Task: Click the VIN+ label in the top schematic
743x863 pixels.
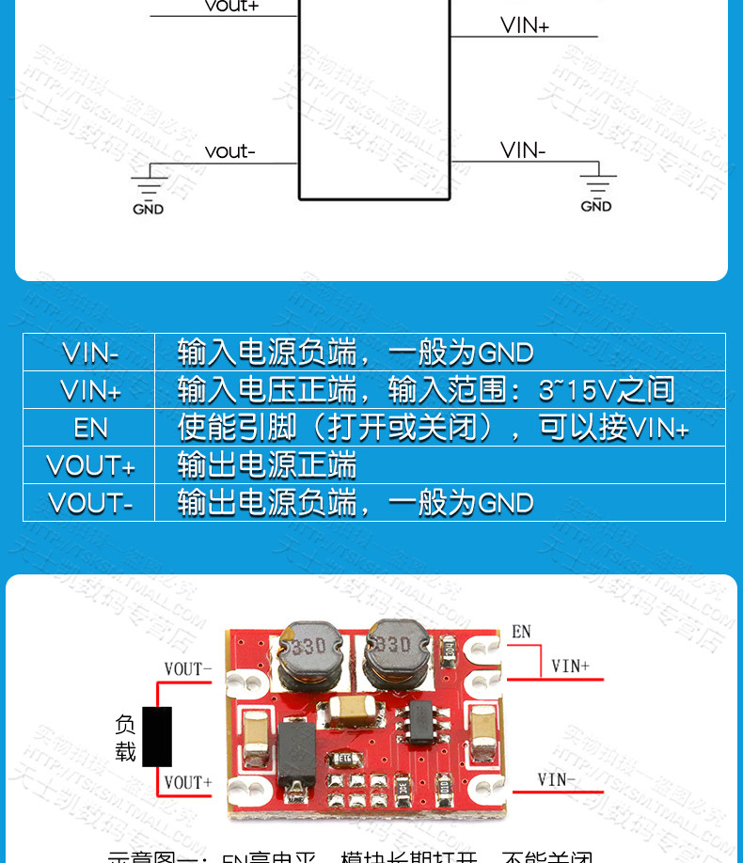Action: pyautogui.click(x=524, y=25)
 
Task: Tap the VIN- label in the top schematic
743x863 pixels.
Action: pyautogui.click(x=523, y=150)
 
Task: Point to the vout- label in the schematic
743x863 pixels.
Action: pyautogui.click(x=229, y=151)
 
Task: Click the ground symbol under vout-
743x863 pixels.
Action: pyautogui.click(x=149, y=184)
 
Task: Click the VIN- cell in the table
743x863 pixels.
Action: pyautogui.click(x=90, y=353)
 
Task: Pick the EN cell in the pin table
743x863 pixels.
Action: pyautogui.click(x=90, y=429)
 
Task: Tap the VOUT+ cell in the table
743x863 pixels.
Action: pyautogui.click(x=90, y=466)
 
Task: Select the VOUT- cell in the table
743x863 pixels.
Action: pyautogui.click(x=90, y=504)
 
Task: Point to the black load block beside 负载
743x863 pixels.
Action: pyautogui.click(x=157, y=737)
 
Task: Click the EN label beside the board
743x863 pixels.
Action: pyautogui.click(x=521, y=633)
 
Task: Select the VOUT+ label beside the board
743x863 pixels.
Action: pyautogui.click(x=188, y=782)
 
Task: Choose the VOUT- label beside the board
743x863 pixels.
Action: pyautogui.click(x=188, y=669)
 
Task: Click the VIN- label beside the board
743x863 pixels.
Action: pyautogui.click(x=556, y=779)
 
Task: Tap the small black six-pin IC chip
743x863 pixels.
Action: pyautogui.click(x=415, y=727)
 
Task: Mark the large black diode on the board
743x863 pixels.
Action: pyautogui.click(x=296, y=748)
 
